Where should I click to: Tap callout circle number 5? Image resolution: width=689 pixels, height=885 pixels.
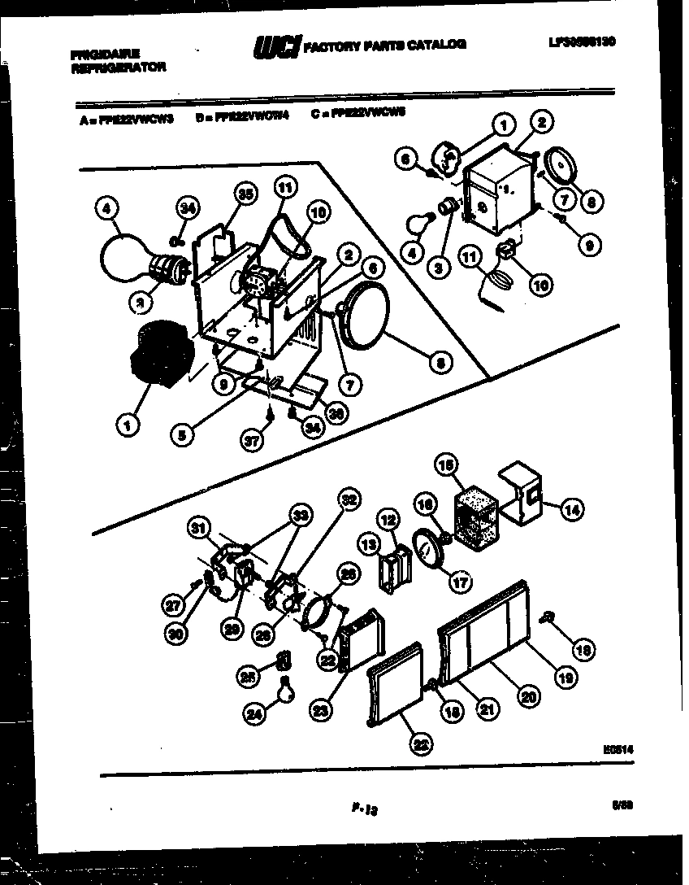[183, 435]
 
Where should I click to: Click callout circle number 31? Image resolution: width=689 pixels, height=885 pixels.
[198, 529]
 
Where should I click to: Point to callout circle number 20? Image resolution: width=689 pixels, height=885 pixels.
[529, 695]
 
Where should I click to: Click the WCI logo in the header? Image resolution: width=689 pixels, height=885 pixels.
[276, 48]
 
